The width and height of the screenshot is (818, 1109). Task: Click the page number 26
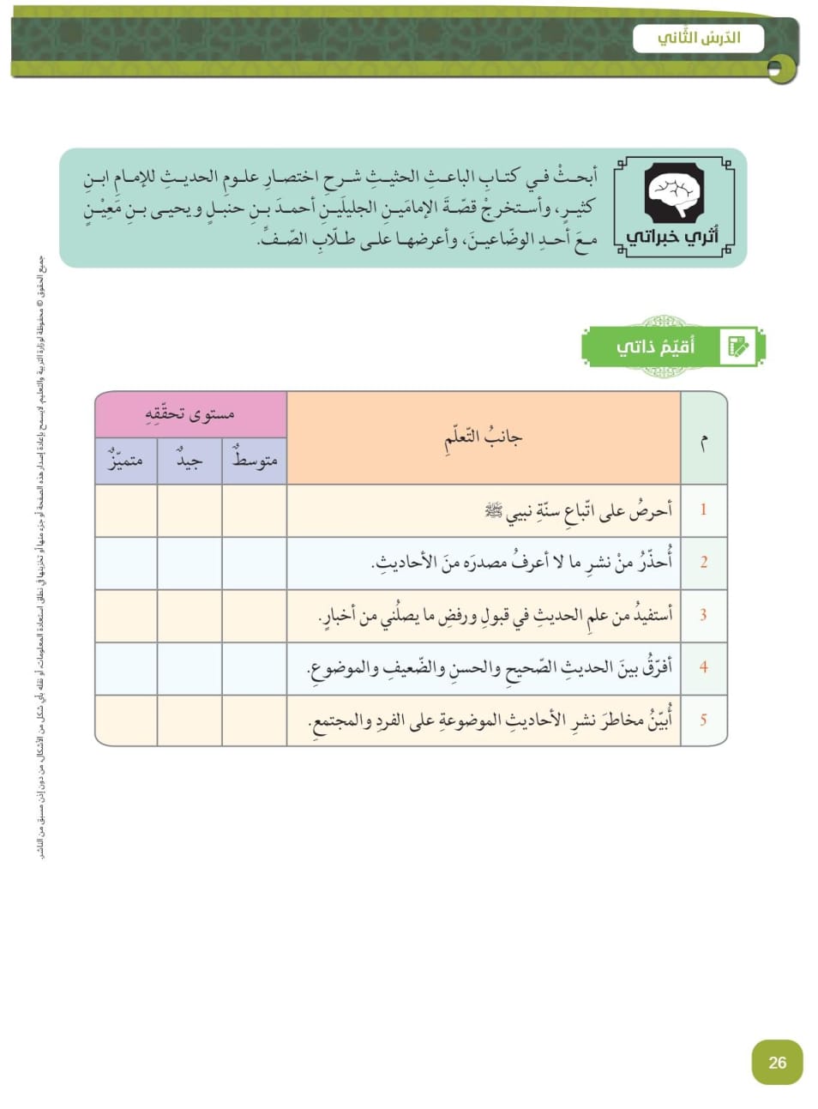click(x=777, y=1062)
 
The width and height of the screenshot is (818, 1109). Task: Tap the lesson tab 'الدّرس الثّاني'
click(x=699, y=39)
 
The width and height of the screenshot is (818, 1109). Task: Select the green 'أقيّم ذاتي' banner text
click(x=656, y=347)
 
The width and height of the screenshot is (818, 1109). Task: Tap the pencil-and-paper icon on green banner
click(x=737, y=347)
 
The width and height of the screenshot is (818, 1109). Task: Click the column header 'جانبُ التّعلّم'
click(x=483, y=437)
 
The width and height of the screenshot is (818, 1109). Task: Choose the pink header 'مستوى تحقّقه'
click(x=190, y=414)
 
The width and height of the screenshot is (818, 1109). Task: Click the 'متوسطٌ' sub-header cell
click(x=255, y=461)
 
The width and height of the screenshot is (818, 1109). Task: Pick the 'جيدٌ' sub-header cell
click(x=189, y=461)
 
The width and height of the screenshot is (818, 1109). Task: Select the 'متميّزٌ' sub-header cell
click(x=125, y=461)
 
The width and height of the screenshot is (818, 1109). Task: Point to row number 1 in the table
click(x=703, y=509)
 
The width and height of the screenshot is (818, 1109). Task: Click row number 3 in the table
click(x=703, y=615)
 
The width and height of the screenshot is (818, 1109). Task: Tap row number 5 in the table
click(x=703, y=720)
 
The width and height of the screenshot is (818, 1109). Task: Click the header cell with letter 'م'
click(x=704, y=439)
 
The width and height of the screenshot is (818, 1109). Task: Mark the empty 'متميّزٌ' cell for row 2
click(x=125, y=563)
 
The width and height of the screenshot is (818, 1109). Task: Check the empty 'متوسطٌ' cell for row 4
click(x=255, y=668)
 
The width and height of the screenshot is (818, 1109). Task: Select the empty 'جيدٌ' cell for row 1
click(x=189, y=510)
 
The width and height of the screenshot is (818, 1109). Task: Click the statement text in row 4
click(x=490, y=667)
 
